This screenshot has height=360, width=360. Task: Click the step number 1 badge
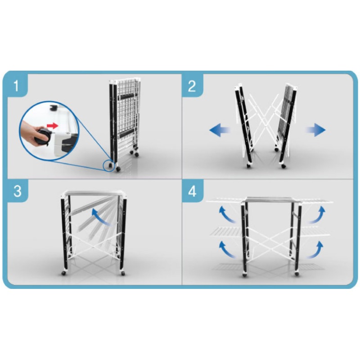(16, 85)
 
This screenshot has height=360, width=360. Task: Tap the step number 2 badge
(192, 85)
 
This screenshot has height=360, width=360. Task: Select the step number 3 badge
(18, 191)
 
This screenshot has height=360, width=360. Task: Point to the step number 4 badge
(192, 191)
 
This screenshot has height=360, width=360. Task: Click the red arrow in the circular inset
(52, 126)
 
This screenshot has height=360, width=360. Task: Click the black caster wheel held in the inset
(43, 137)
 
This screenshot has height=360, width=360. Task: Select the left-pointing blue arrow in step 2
(220, 130)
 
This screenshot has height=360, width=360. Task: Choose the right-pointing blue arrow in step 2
(315, 130)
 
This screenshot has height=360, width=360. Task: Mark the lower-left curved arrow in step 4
(226, 250)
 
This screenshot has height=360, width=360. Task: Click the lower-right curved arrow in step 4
(316, 250)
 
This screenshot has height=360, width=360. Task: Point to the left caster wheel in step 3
(63, 273)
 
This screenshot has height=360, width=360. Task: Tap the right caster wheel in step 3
(123, 273)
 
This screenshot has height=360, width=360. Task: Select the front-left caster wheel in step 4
(245, 274)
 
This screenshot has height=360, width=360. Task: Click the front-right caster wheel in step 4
(297, 274)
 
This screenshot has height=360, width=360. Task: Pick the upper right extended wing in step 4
(316, 202)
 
